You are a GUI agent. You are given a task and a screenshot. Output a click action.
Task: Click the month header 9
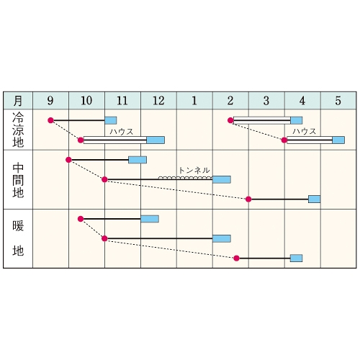pos(50,101)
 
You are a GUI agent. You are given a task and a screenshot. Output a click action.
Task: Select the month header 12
pos(158,101)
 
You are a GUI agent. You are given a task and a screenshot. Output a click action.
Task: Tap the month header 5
pos(338,101)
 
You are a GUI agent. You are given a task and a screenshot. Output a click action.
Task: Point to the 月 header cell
pos(18,101)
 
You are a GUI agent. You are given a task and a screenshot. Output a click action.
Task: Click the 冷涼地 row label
pos(18,130)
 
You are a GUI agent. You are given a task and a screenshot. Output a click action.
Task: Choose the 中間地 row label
pos(18,180)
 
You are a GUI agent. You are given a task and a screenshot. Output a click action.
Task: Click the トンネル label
pos(194,171)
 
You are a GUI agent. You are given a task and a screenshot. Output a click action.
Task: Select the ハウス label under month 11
pos(122,132)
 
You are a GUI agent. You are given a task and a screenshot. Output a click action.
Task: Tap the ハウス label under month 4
pos(305,131)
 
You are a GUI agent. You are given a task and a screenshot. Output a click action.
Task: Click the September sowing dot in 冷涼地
pos(50,120)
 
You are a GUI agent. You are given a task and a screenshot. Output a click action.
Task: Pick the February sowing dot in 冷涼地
pos(230,120)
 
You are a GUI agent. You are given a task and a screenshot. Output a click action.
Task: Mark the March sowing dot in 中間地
pos(248,199)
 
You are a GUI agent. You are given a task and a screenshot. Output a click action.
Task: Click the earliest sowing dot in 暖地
pos(81,219)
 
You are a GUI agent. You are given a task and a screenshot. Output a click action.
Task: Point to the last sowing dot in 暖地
pos(236,258)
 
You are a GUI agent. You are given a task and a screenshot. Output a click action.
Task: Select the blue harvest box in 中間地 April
pos(315,199)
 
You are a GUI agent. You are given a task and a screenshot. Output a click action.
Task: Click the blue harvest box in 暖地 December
pos(150,219)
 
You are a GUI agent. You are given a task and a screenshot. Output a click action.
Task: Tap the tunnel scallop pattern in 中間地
pos(186,178)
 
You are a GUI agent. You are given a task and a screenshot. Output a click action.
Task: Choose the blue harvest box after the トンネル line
pos(222,179)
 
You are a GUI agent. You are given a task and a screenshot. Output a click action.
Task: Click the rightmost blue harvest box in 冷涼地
pos(338,140)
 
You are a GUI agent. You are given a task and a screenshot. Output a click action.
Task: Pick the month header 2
pos(230,101)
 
